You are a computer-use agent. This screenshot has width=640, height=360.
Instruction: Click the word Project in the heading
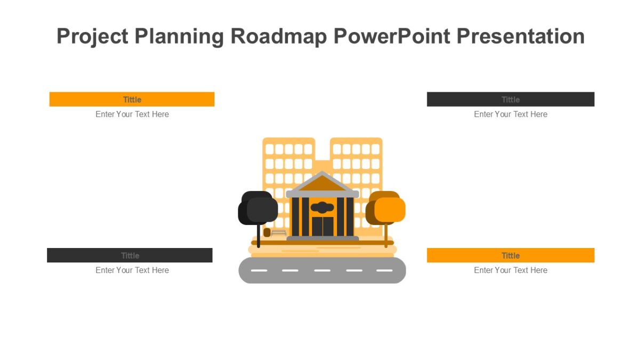92,36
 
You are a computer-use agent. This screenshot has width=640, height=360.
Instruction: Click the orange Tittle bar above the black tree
132,99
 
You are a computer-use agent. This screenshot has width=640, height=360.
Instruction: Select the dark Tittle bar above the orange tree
510,99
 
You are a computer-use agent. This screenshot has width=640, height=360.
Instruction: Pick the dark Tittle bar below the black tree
130,255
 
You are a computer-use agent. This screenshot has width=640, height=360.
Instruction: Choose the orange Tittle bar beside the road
510,255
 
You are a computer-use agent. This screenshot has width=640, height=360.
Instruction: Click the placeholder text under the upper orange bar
132,114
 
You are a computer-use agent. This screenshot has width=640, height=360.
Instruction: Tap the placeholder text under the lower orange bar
510,270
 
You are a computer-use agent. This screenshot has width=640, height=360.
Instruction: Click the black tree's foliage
258,209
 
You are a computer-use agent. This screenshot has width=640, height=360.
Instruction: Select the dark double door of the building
323,226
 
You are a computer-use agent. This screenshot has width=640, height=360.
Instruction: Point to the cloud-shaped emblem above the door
322,207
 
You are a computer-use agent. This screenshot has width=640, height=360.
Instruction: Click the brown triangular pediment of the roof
322,183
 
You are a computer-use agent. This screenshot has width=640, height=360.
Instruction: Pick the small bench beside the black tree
279,233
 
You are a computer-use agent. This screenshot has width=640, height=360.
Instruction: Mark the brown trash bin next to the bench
267,233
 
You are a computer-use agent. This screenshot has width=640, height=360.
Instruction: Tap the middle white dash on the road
322,270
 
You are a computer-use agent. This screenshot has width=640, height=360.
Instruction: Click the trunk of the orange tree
386,234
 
